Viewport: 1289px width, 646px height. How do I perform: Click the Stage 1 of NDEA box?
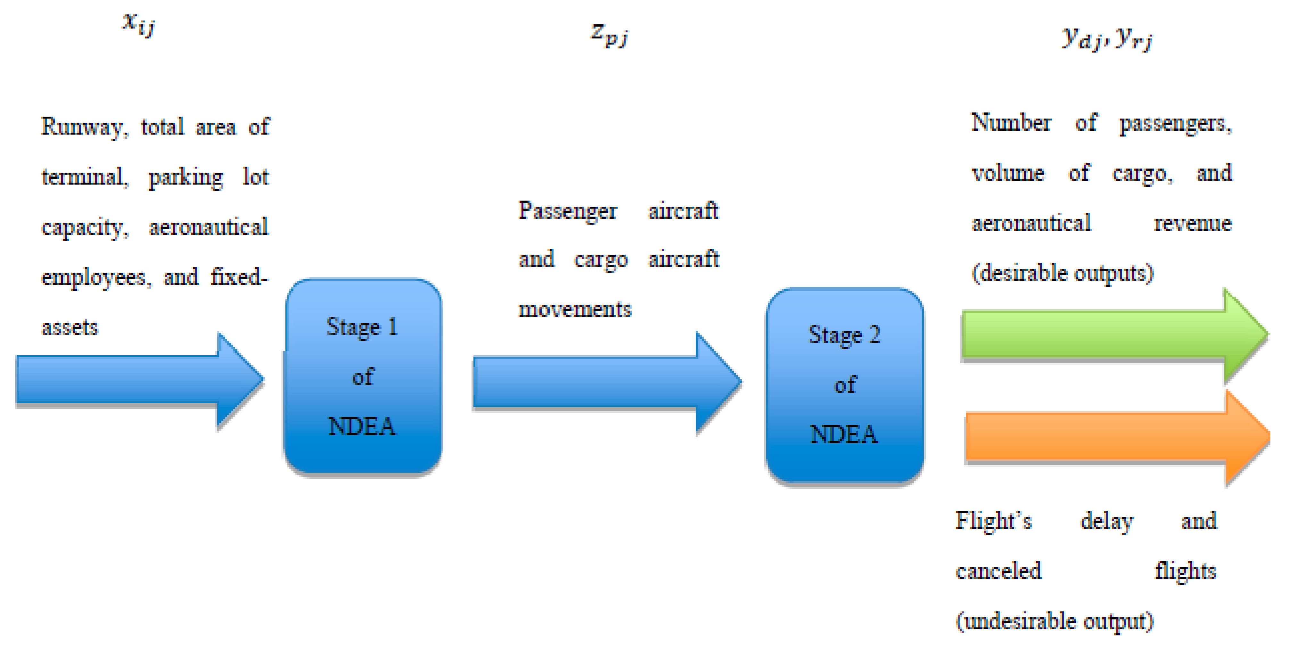point(363,376)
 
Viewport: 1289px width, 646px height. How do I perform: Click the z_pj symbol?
point(609,35)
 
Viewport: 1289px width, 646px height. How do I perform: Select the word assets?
point(70,327)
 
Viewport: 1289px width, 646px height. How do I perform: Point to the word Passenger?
point(567,211)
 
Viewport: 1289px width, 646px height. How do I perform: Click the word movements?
point(574,309)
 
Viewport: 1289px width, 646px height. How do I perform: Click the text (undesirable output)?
point(1054,621)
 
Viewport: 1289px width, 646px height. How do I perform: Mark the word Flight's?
point(993,520)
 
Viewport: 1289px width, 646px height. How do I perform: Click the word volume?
point(1008,173)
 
